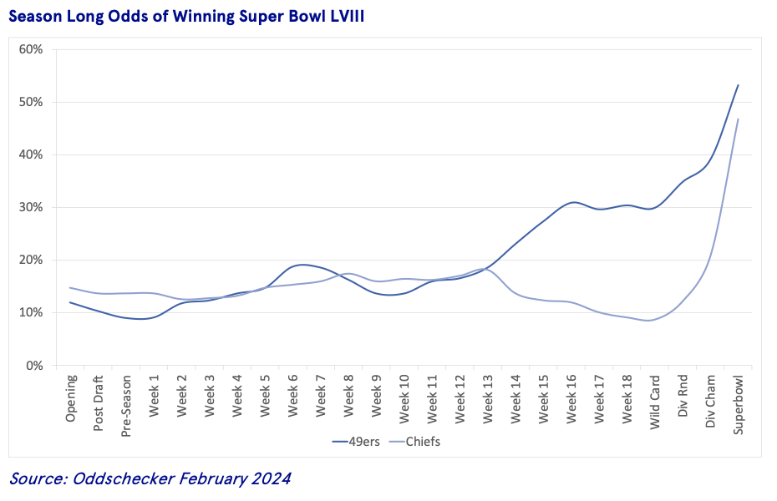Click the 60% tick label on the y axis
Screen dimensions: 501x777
pyautogui.click(x=31, y=49)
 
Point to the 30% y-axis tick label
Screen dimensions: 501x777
pyautogui.click(x=31, y=207)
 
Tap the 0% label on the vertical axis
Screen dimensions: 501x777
pyautogui.click(x=34, y=365)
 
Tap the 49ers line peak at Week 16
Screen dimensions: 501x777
pyautogui.click(x=572, y=202)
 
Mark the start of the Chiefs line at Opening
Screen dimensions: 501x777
pyautogui.click(x=70, y=288)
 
